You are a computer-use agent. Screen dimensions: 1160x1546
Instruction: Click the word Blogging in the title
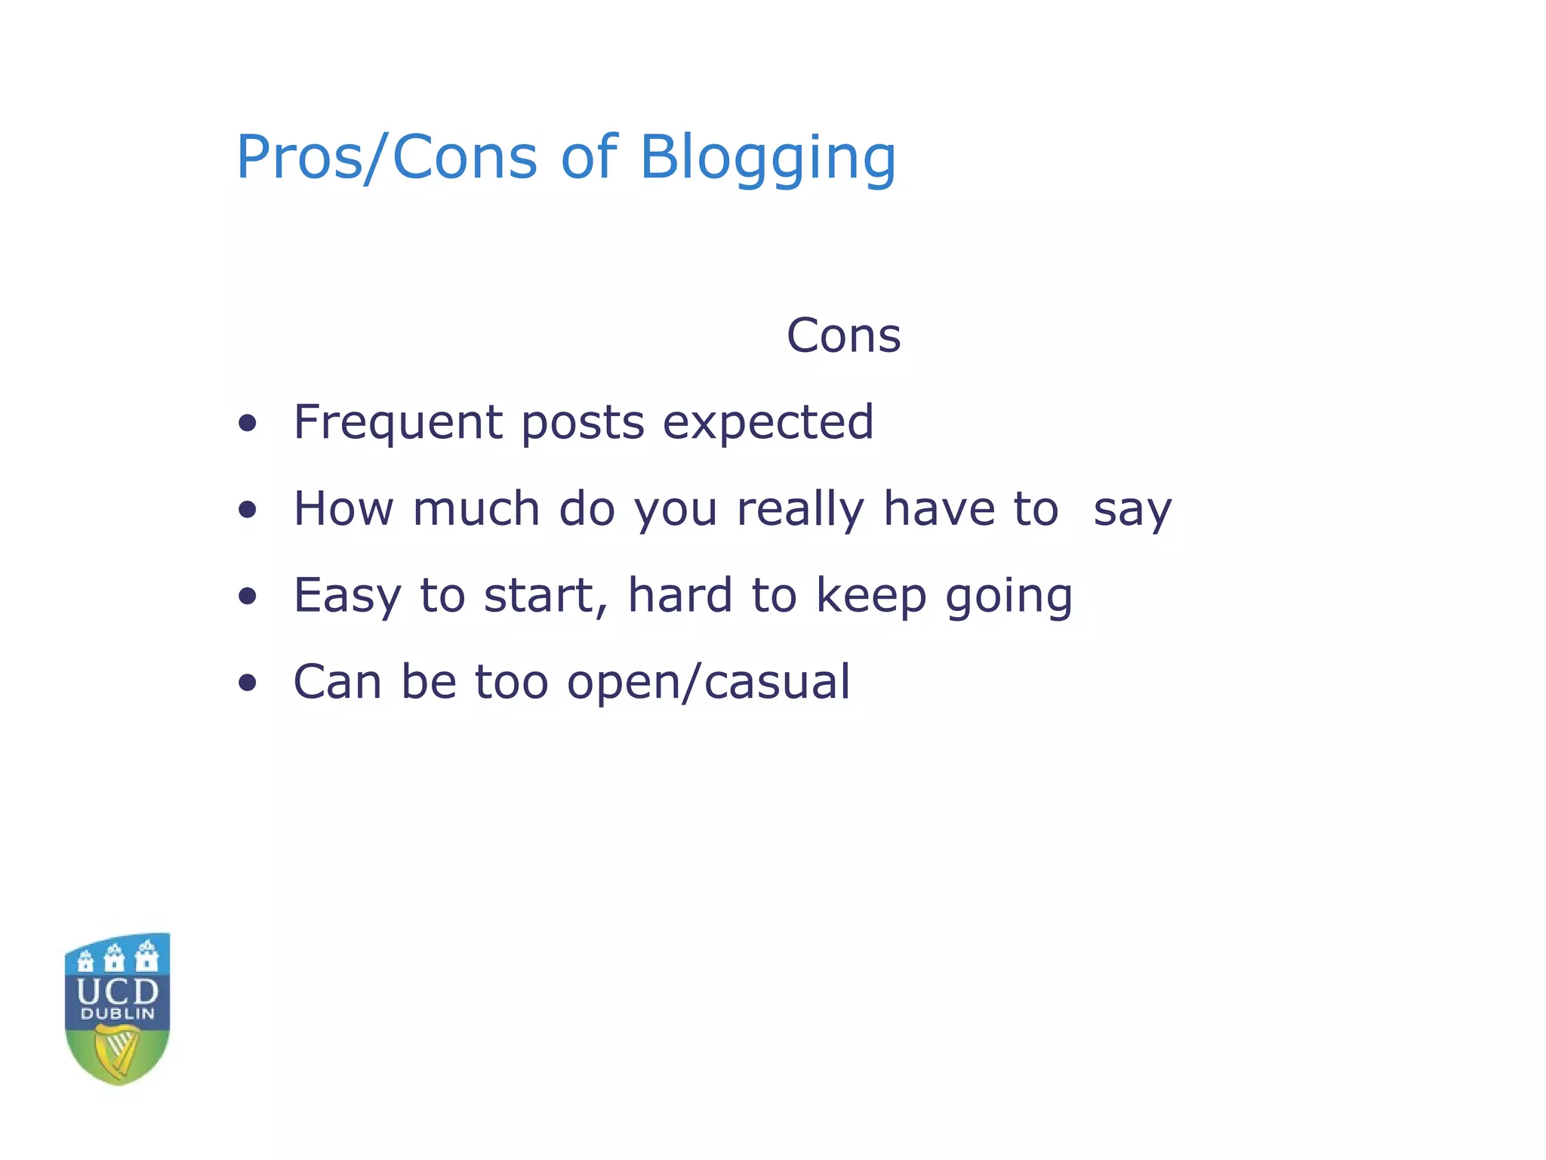767,159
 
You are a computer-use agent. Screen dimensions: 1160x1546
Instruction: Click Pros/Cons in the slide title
386,159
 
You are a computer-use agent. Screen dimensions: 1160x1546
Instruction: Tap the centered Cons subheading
843,335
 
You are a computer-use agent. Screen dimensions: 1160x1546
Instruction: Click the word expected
768,424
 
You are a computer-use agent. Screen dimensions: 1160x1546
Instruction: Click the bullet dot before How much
247,510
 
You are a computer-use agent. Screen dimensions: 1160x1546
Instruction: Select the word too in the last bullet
511,682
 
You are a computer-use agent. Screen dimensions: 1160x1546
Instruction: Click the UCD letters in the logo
118,991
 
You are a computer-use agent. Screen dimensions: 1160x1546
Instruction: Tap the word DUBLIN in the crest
118,1013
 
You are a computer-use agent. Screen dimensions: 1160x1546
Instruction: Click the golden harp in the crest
117,1053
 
